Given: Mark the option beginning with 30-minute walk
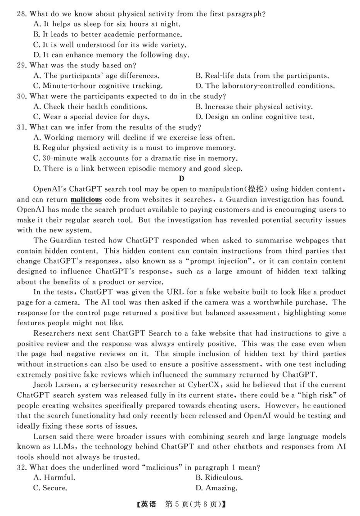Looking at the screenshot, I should (x=135, y=158).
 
